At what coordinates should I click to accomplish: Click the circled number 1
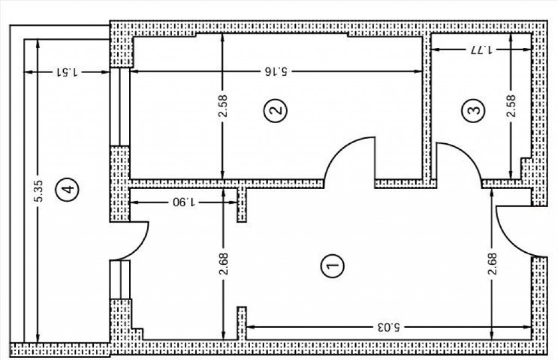coord(333,265)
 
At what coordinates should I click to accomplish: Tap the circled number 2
coord(275,110)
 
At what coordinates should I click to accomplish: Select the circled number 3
coord(474,110)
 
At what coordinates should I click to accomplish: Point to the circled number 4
coord(67,188)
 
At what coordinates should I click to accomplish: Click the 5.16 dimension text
coord(276,71)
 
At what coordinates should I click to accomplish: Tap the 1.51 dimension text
coord(67,72)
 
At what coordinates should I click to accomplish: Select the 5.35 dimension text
coord(39,191)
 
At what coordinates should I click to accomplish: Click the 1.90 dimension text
coord(184,203)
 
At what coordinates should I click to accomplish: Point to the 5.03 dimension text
coord(388,327)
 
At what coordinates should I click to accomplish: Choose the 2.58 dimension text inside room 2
coord(223,106)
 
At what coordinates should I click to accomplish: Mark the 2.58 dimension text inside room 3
coord(511,106)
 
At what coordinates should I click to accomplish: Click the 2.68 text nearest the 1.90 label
coord(223,264)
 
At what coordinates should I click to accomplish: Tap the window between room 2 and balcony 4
coord(119,107)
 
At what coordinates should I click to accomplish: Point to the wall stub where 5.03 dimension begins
coord(241,324)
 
